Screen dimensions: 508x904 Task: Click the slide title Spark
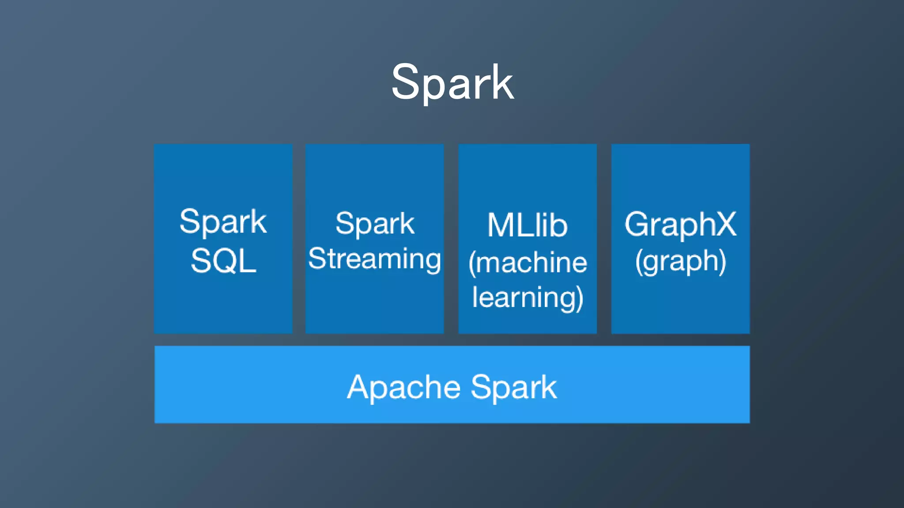[x=452, y=83]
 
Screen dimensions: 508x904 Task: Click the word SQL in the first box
[x=223, y=261]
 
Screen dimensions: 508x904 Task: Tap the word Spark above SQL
[x=223, y=222]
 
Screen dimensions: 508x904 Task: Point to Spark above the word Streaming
[x=375, y=224]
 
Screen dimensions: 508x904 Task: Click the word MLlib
[x=527, y=225]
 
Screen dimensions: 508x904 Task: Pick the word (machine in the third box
[x=527, y=263]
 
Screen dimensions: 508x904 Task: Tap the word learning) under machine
[x=527, y=298]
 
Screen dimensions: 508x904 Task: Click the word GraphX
[x=680, y=224]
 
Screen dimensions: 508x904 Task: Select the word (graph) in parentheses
[x=680, y=261]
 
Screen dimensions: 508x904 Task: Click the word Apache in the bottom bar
[x=403, y=387]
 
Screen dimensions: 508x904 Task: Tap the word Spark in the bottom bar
[x=513, y=387]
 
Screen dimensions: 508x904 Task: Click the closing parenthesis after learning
[x=580, y=299]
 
